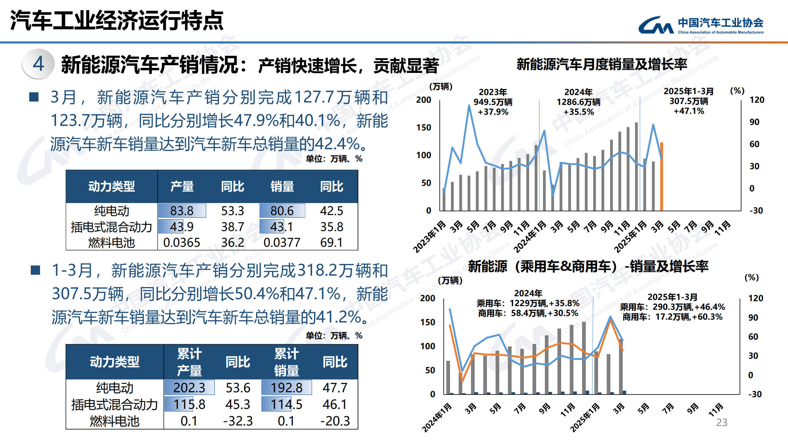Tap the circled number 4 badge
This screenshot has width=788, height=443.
pyautogui.click(x=38, y=64)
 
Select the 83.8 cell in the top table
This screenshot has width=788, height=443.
pyautogui.click(x=182, y=211)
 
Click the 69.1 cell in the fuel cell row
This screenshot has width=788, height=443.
pyautogui.click(x=331, y=242)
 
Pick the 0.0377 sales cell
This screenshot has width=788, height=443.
pyautogui.click(x=282, y=242)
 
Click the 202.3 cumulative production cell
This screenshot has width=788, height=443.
pyautogui.click(x=189, y=388)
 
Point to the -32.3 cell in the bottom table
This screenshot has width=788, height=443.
pyautogui.click(x=238, y=421)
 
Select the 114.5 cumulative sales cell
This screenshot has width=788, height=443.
pyautogui.click(x=286, y=404)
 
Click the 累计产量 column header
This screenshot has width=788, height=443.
pyautogui.click(x=189, y=362)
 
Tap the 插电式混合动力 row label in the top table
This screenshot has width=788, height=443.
pyautogui.click(x=111, y=227)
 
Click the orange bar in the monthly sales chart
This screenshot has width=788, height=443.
pyautogui.click(x=661, y=177)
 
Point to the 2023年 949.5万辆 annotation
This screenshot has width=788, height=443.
pyautogui.click(x=493, y=102)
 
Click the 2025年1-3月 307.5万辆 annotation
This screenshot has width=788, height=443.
pyautogui.click(x=689, y=101)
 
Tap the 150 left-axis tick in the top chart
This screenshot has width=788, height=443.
pyautogui.click(x=424, y=127)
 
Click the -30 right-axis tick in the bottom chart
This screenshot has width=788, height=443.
pyautogui.click(x=755, y=394)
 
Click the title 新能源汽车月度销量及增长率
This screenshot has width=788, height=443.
pyautogui.click(x=601, y=64)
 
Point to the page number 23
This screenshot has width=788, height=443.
pyautogui.click(x=722, y=422)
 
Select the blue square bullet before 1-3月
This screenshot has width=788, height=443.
pyautogui.click(x=35, y=270)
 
